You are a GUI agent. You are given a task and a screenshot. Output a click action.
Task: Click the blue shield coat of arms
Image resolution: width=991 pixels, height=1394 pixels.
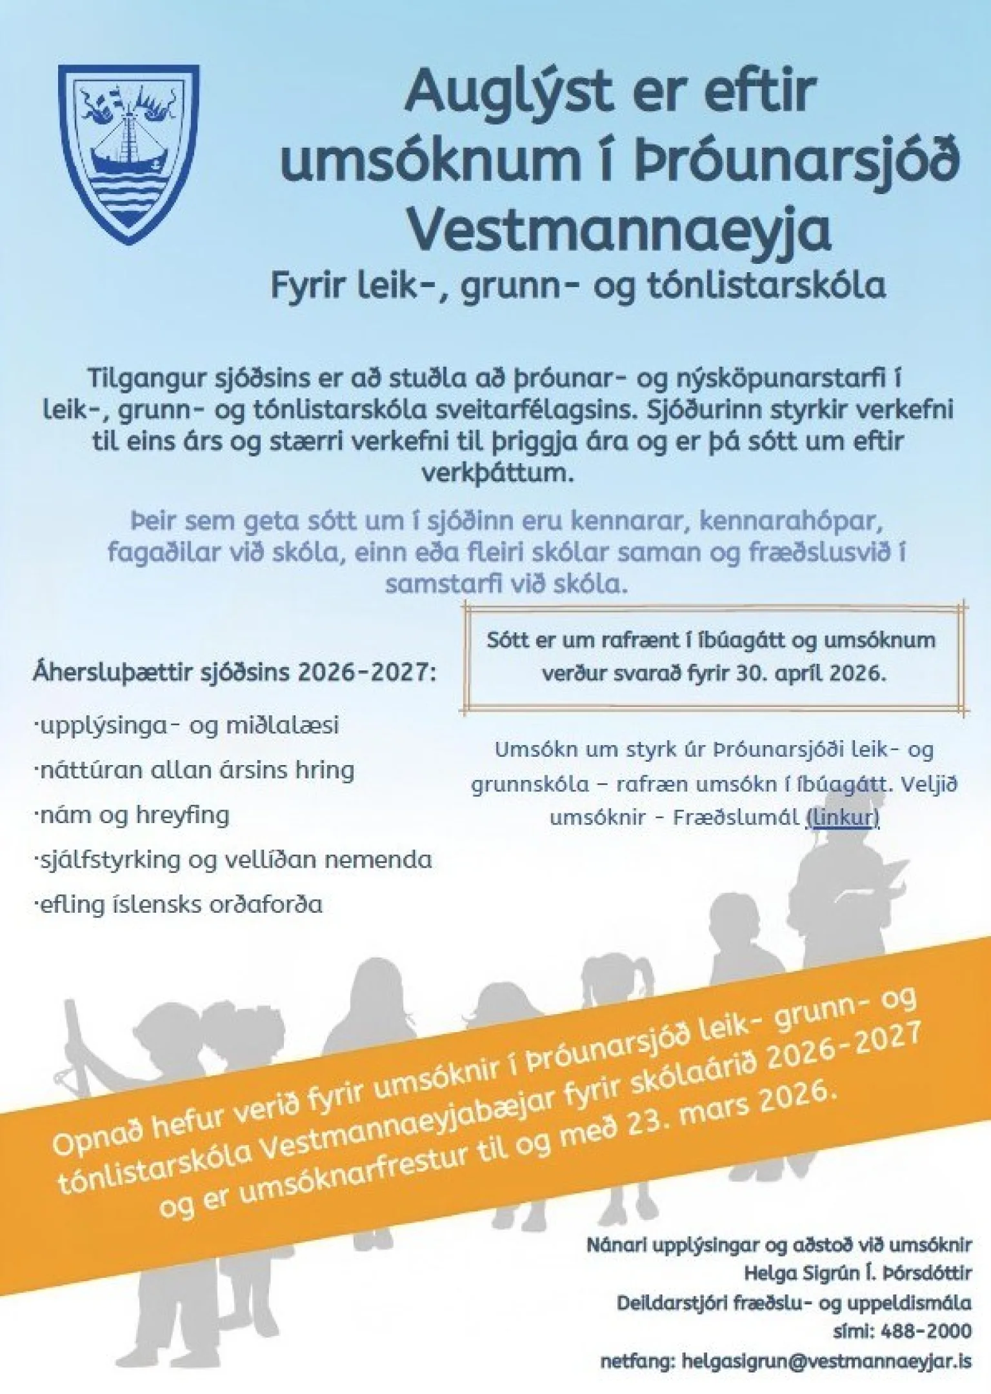(x=128, y=154)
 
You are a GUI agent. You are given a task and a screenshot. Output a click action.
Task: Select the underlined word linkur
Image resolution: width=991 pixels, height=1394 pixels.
(x=843, y=817)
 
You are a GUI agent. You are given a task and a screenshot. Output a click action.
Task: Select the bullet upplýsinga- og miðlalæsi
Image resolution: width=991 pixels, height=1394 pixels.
(x=187, y=725)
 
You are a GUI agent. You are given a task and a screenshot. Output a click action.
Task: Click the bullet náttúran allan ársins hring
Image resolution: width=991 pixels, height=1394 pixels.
(x=195, y=770)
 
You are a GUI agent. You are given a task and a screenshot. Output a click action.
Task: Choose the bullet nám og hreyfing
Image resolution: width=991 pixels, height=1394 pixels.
(x=132, y=815)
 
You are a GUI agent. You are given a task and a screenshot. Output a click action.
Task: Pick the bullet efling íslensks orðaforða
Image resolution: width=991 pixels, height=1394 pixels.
(x=179, y=904)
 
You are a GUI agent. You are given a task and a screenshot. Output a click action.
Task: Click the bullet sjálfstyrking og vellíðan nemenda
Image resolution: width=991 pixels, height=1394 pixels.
(x=234, y=859)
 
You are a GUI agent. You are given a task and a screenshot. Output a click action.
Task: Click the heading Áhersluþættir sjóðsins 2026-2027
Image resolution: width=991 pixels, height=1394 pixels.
(x=234, y=673)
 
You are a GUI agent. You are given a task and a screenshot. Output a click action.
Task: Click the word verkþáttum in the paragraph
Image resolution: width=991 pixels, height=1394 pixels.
(x=497, y=473)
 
